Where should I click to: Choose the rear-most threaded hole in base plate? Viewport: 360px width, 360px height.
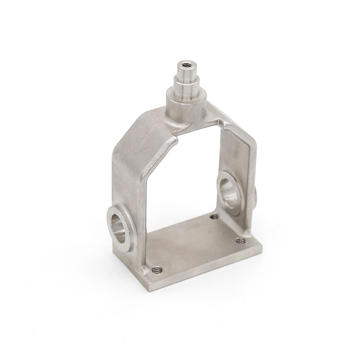point(214,217)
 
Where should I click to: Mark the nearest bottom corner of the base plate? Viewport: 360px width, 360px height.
point(144,289)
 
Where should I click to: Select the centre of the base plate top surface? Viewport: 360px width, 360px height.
point(197,247)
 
